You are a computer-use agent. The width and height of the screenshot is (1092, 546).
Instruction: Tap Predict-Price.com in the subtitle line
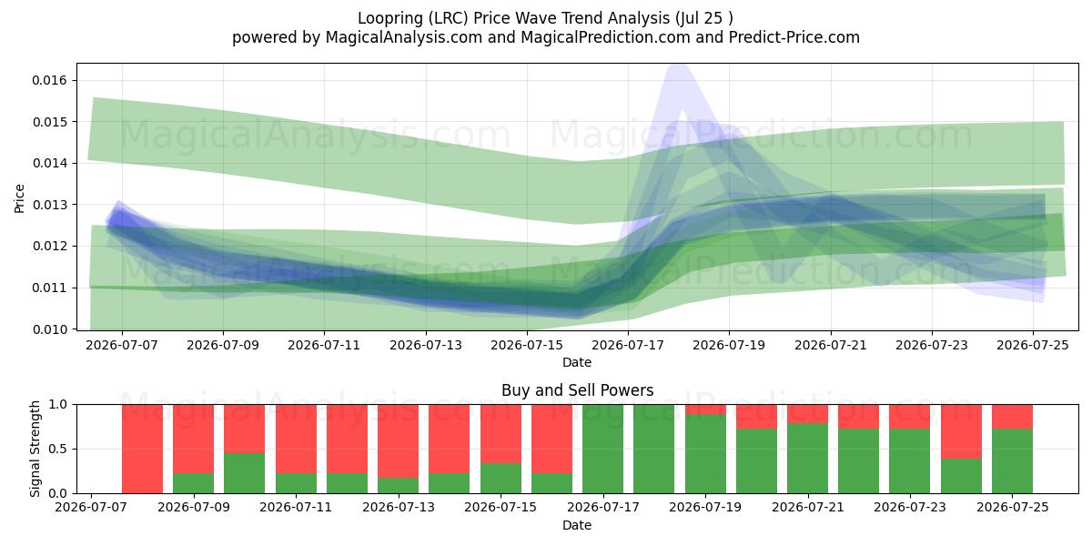(x=794, y=37)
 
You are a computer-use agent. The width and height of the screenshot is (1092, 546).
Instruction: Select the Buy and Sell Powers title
(x=577, y=390)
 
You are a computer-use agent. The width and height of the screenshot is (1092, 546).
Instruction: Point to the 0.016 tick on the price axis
(x=49, y=80)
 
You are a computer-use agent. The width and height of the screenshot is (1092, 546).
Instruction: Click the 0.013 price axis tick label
(x=49, y=205)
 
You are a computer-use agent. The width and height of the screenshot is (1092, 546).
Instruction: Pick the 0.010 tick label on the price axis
(x=49, y=329)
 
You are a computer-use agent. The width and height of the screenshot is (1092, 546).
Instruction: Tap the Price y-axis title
(x=19, y=198)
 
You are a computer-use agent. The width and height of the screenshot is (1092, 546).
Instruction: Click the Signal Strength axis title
(x=35, y=449)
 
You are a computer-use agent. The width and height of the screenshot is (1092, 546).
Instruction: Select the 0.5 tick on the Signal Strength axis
(x=58, y=449)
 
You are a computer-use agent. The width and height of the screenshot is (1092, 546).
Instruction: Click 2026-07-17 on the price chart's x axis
(x=628, y=346)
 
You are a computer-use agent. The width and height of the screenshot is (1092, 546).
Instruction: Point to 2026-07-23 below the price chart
(x=932, y=346)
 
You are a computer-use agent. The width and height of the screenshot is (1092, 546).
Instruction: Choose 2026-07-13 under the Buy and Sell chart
(x=399, y=508)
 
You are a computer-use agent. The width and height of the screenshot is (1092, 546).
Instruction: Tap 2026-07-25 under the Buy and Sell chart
(x=1013, y=508)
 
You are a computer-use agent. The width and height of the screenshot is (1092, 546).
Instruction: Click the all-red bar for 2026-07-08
(x=142, y=449)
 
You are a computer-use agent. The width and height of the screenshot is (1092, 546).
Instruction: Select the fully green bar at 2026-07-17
(x=603, y=449)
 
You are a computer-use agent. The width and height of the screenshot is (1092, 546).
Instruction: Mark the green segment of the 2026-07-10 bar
(x=244, y=473)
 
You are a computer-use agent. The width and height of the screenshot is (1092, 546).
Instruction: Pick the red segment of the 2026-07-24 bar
(x=961, y=431)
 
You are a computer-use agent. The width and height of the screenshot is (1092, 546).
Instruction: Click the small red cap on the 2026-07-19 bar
(x=705, y=409)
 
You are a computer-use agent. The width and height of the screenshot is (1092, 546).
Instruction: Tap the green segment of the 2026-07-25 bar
(x=1013, y=461)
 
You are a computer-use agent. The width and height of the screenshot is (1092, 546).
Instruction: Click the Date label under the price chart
(x=577, y=363)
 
